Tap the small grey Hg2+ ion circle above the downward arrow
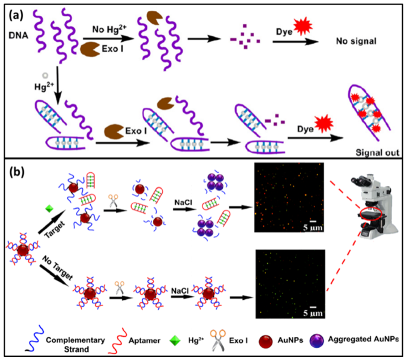coord(39,75)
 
